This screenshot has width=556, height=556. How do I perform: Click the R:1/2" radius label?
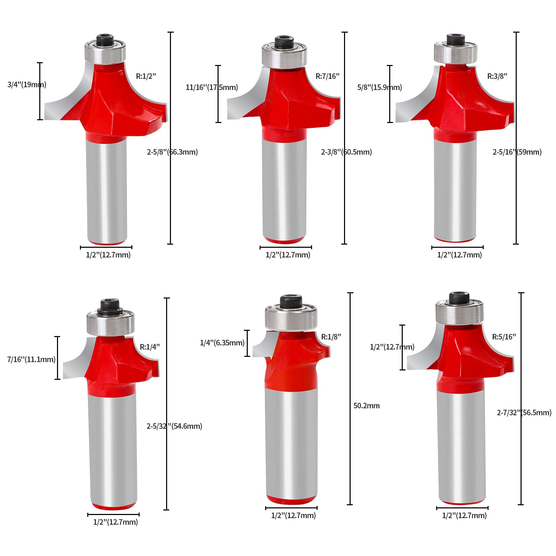point(146,76)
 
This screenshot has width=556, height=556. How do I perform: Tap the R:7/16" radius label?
point(327,76)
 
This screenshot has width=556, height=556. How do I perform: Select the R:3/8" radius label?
point(497,76)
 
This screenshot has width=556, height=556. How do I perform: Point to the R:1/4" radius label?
point(150,347)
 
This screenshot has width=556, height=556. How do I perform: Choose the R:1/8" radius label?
point(331,337)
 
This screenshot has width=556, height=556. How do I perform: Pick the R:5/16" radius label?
point(504,337)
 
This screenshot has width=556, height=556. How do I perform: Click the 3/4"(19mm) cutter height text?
point(27,84)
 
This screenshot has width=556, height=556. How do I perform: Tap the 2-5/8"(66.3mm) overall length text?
point(172,152)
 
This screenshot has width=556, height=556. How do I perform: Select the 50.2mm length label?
point(367,406)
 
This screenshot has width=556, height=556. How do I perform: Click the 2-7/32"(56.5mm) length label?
point(524,412)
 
